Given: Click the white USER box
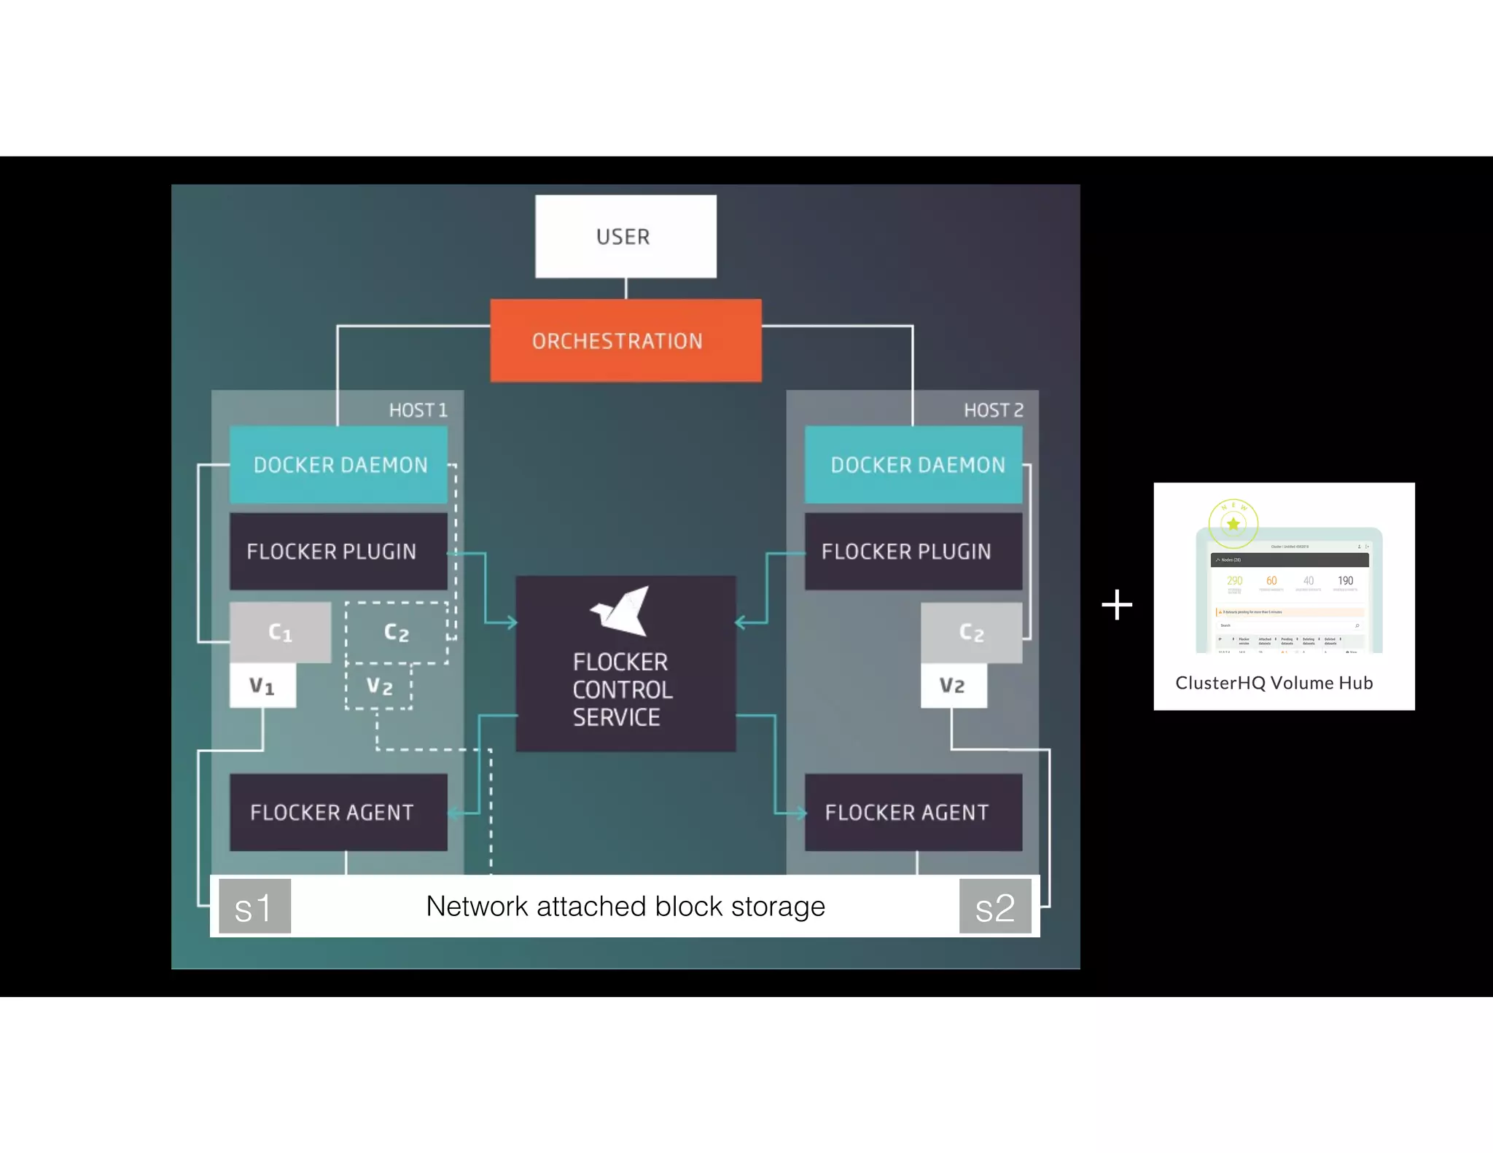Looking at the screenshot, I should [625, 236].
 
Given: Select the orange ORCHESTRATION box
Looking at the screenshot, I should [625, 340].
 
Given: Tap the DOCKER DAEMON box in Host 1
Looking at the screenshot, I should [338, 464].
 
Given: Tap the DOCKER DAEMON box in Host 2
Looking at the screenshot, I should [913, 464].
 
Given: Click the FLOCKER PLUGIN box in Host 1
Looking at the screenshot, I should [338, 551].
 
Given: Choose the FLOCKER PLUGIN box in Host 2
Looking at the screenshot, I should [913, 551].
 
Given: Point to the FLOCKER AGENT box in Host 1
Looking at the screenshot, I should [338, 812].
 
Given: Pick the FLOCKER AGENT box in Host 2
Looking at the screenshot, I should [913, 812].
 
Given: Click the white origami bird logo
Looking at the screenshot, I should [621, 611].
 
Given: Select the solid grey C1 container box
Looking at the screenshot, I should [281, 632].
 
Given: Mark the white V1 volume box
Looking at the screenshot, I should [262, 685].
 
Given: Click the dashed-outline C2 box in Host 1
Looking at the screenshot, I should [397, 632].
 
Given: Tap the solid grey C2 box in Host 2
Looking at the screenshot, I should [971, 632].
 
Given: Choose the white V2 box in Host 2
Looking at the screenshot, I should [954, 685].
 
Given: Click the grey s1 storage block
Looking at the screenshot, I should [254, 906].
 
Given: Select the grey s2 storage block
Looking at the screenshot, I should [995, 906].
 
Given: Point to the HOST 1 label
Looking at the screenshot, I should [418, 410].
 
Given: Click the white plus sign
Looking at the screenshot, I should [1117, 605].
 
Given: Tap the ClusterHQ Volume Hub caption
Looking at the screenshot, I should [1274, 683].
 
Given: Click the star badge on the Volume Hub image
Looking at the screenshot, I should [1233, 523].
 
